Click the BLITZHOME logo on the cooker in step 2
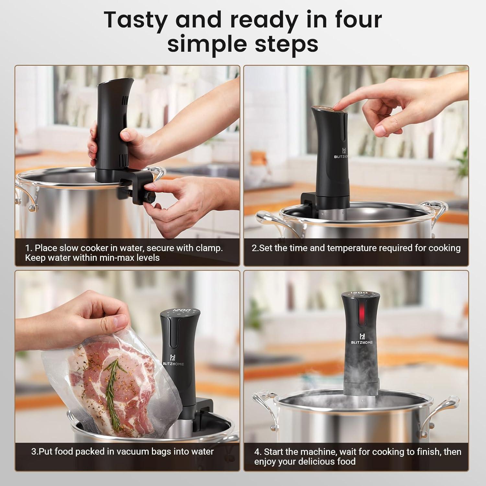(344, 152)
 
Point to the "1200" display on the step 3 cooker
(181, 310)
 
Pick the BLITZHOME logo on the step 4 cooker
(362, 339)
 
